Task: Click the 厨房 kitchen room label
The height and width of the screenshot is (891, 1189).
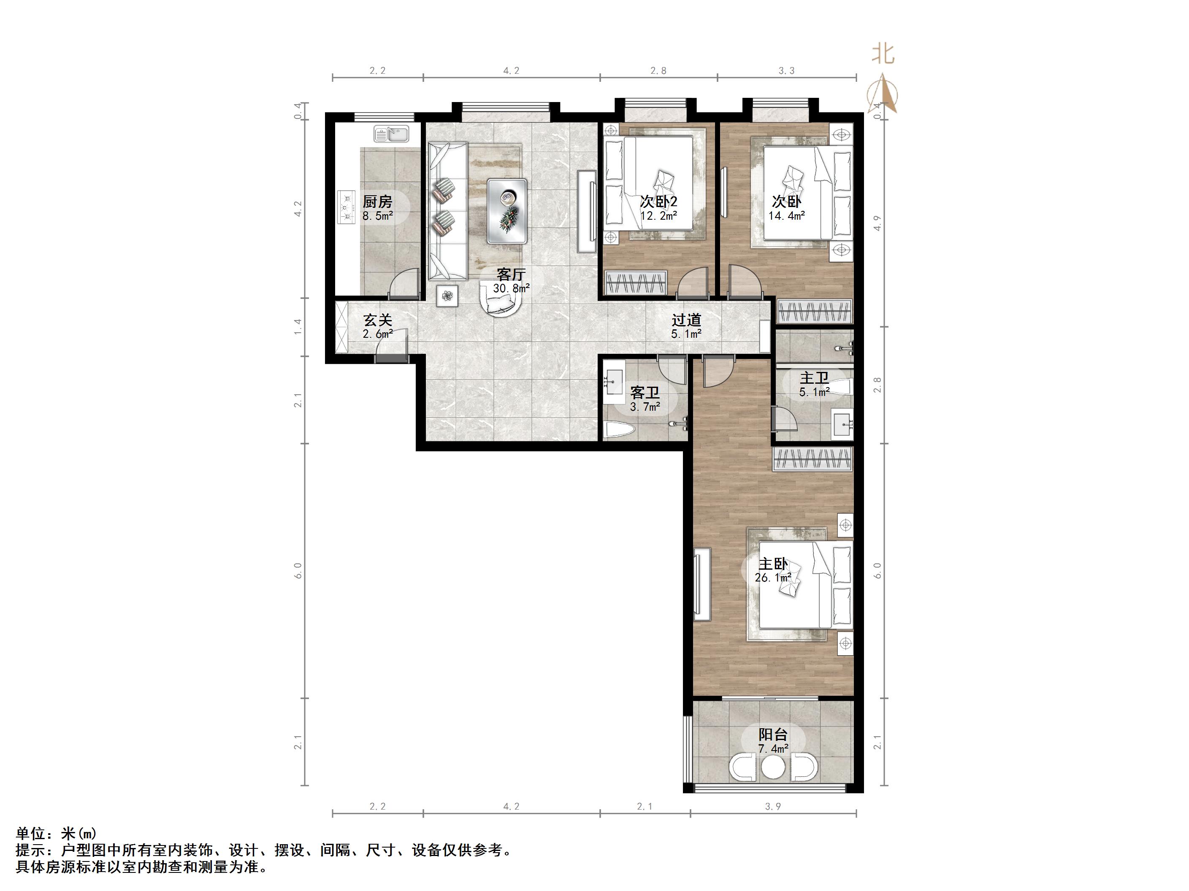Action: (x=377, y=202)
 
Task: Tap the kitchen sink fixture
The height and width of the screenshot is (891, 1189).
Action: (x=391, y=133)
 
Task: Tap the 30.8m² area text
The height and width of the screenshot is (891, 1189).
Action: (x=511, y=288)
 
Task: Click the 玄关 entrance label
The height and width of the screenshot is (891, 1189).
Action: (x=377, y=320)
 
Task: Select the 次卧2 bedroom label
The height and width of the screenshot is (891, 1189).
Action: (x=658, y=202)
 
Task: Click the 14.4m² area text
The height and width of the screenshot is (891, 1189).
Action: (x=786, y=216)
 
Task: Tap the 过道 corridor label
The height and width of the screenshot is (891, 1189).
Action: (x=686, y=320)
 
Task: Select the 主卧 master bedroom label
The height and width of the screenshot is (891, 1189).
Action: (x=773, y=564)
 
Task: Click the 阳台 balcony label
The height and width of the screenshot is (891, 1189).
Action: (x=773, y=734)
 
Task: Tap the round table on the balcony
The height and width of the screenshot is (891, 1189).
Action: (x=774, y=768)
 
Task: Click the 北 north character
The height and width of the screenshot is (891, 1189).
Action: (x=883, y=54)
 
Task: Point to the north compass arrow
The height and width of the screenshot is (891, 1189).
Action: (x=883, y=94)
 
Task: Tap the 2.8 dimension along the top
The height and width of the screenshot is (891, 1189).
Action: (x=658, y=70)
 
